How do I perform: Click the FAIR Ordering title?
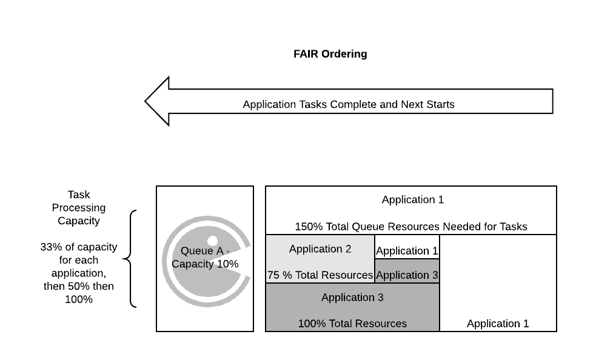[x=330, y=54]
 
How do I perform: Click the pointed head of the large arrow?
[x=146, y=101]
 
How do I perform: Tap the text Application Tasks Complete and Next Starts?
[x=349, y=104]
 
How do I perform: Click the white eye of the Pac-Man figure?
[x=212, y=240]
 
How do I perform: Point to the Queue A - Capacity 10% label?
[x=205, y=258]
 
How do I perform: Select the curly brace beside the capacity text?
[x=129, y=259]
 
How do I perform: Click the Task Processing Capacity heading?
[x=79, y=207]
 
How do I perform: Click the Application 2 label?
[x=320, y=249]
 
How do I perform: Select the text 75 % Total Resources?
[x=320, y=275]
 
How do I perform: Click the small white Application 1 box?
[x=407, y=247]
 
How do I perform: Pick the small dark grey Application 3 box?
[x=407, y=271]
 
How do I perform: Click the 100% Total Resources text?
[x=352, y=324]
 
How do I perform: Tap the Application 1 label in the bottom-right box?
[x=498, y=324]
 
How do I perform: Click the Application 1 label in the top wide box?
[x=413, y=199]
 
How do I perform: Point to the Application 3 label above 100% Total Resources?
[x=352, y=298]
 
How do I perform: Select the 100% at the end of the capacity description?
[x=79, y=299]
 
